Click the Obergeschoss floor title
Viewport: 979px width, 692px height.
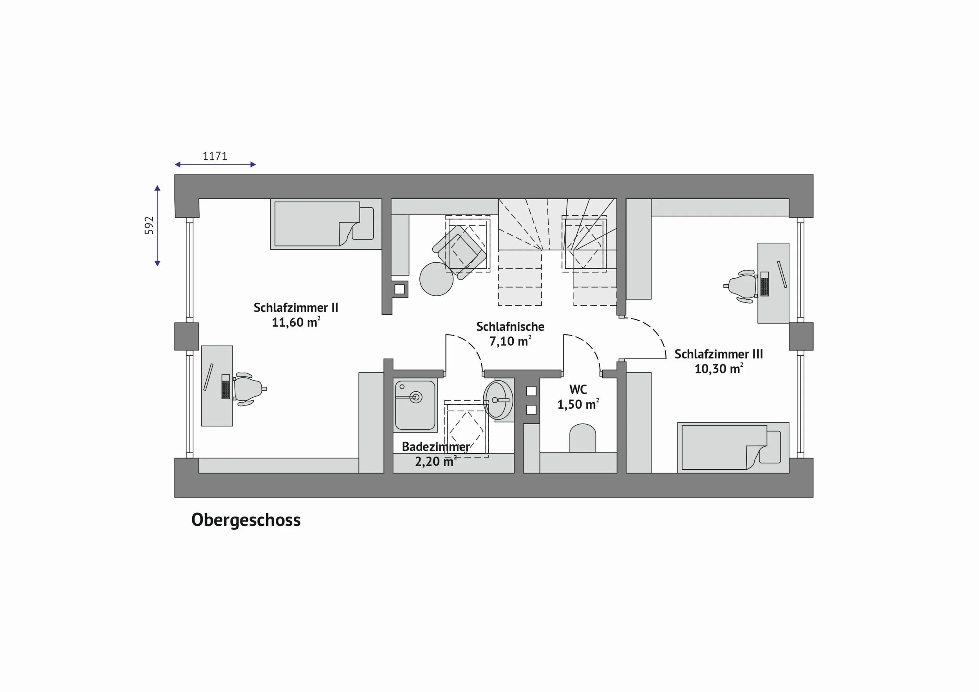point(246,520)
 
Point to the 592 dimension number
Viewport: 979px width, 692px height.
point(149,225)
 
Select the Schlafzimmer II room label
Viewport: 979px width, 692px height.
point(296,308)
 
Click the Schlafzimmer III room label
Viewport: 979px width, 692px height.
point(719,354)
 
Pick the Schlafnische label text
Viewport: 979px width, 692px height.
point(510,327)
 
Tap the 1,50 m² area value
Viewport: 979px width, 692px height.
point(578,404)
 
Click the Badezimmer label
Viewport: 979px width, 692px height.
point(436,447)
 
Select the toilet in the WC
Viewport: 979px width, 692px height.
point(582,438)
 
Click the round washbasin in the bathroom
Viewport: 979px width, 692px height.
point(498,400)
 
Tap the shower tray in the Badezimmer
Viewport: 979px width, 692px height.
point(415,405)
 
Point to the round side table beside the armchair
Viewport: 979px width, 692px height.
point(436,279)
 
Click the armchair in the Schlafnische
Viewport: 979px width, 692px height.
point(460,252)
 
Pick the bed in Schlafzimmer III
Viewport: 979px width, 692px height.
point(733,447)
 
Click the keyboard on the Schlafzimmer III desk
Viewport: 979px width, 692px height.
point(764,284)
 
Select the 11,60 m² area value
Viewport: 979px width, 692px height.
point(296,322)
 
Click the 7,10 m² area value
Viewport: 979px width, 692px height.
point(510,341)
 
